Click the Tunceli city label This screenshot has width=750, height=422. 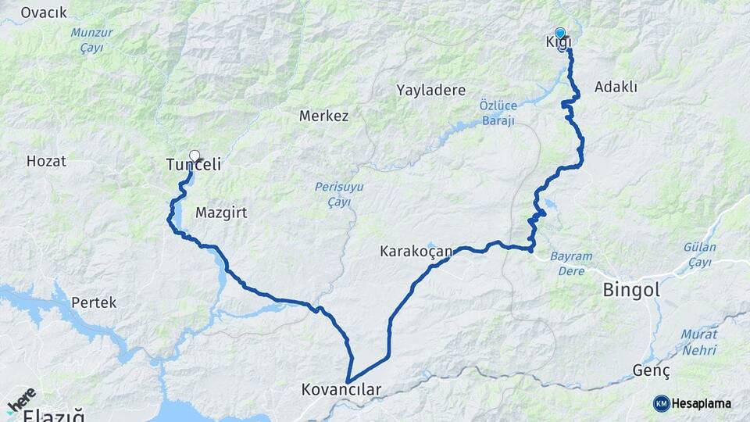194,165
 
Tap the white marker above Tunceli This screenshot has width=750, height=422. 195,156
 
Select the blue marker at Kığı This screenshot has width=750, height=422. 560,34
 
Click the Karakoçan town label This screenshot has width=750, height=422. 416,252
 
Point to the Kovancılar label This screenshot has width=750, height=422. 341,389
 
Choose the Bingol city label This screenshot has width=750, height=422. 631,290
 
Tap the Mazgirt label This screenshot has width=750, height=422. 221,212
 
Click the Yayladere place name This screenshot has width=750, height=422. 430,90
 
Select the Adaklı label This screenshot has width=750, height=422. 616,87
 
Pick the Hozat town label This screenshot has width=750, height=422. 46,162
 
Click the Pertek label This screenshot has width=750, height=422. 94,302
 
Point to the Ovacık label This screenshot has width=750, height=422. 44,13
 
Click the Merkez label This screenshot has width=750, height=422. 323,116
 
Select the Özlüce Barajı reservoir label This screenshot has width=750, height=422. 497,112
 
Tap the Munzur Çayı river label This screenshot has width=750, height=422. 91,40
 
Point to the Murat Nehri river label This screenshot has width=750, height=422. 698,343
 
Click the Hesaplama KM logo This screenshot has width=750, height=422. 692,403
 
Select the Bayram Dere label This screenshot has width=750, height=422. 571,263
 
